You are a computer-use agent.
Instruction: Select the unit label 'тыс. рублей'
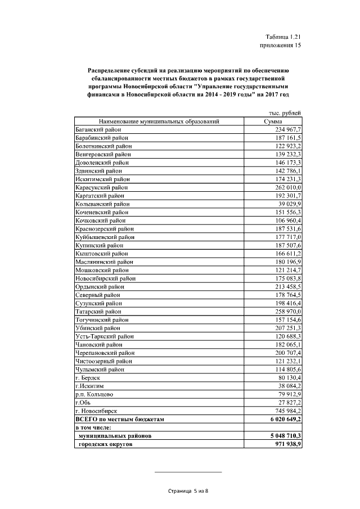[x=285, y=113]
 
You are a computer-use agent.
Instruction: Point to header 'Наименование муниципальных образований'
[x=159, y=121]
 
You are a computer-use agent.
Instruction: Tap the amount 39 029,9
[x=289, y=204]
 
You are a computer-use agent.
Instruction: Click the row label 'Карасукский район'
[x=101, y=187]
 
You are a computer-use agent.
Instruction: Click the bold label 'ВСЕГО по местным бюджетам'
[x=118, y=419]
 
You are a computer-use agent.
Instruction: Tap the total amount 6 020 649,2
[x=282, y=419]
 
